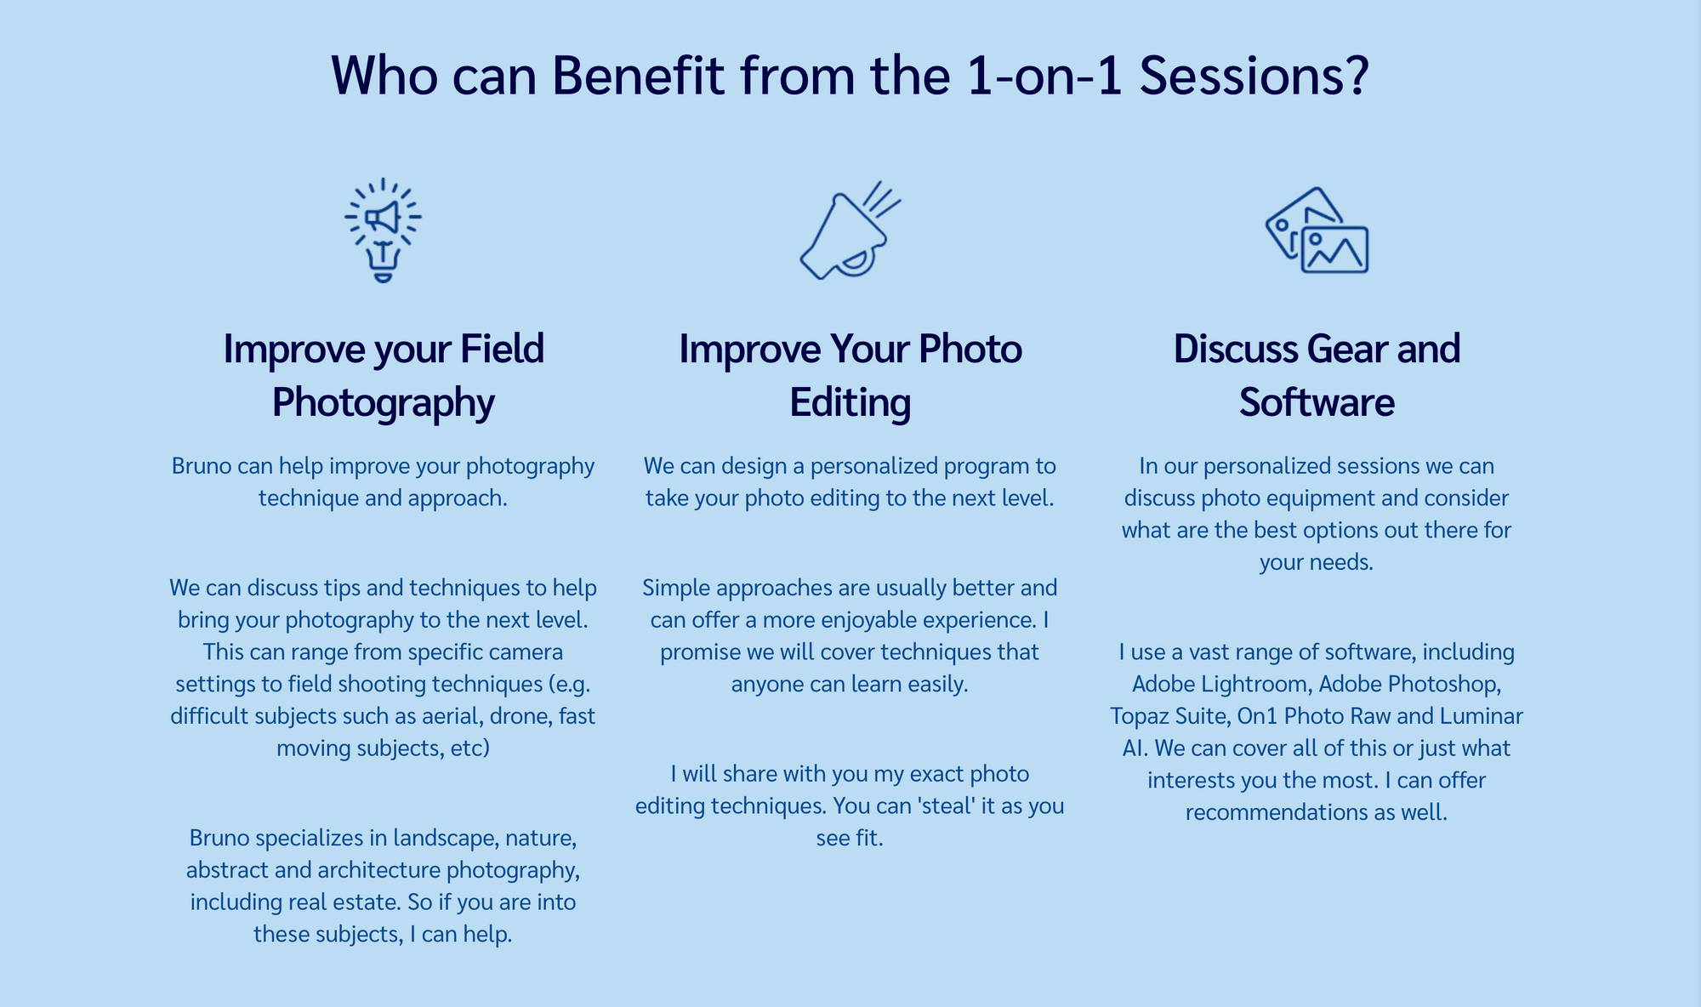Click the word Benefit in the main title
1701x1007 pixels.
point(638,75)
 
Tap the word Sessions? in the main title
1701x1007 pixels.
point(1254,75)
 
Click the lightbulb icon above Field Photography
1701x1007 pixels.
point(383,230)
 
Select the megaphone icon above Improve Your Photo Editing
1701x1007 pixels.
point(850,230)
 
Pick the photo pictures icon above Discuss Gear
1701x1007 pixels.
point(1317,230)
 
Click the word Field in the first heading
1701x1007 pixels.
point(502,349)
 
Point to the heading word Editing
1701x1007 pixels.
point(850,402)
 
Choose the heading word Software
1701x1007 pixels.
point(1317,402)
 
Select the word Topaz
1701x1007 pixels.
point(1139,716)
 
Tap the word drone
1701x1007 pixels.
point(521,716)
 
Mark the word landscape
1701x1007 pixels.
point(446,838)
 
